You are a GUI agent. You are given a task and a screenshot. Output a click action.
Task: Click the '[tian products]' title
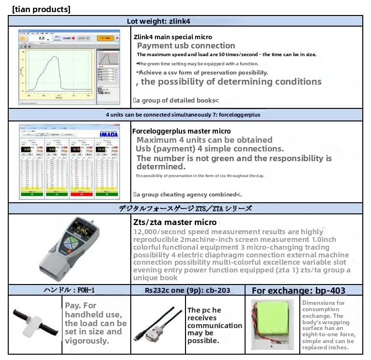pyautogui.click(x=41, y=9)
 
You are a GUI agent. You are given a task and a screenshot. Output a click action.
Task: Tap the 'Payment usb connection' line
pyautogui.click(x=186, y=46)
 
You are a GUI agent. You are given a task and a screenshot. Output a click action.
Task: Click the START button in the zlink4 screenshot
pyautogui.click(x=68, y=38)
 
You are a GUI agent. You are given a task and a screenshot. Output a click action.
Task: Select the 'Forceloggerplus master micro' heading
pyautogui.click(x=181, y=131)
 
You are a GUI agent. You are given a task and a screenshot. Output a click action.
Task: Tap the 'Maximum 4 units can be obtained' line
pyautogui.click(x=204, y=140)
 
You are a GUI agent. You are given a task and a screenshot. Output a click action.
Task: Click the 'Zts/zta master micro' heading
pyautogui.click(x=175, y=222)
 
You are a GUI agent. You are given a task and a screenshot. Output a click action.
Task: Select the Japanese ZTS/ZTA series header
pyautogui.click(x=185, y=209)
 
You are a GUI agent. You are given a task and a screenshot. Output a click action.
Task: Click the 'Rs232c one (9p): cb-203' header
pyautogui.click(x=187, y=290)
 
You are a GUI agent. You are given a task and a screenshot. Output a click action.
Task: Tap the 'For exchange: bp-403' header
pyautogui.click(x=298, y=290)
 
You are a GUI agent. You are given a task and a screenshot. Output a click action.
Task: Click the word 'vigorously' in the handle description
pyautogui.click(x=86, y=340)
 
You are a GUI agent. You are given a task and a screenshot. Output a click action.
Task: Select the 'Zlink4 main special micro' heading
pyautogui.click(x=172, y=37)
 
